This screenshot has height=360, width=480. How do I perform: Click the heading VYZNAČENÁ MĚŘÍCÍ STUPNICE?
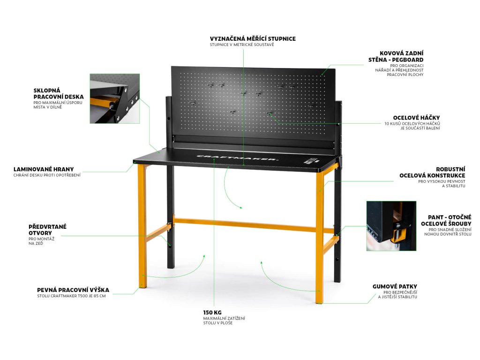click(253, 38)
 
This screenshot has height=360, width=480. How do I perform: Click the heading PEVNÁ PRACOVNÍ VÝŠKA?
click(73, 290)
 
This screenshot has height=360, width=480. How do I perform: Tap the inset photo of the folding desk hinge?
click(114, 98)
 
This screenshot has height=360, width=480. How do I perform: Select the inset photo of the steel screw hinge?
click(391, 226)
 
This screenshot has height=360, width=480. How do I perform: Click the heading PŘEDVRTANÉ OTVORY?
click(47, 230)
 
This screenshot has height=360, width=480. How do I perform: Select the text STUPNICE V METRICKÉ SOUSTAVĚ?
click(241, 45)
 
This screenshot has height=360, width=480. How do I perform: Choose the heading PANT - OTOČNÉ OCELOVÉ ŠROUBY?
click(446, 221)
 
